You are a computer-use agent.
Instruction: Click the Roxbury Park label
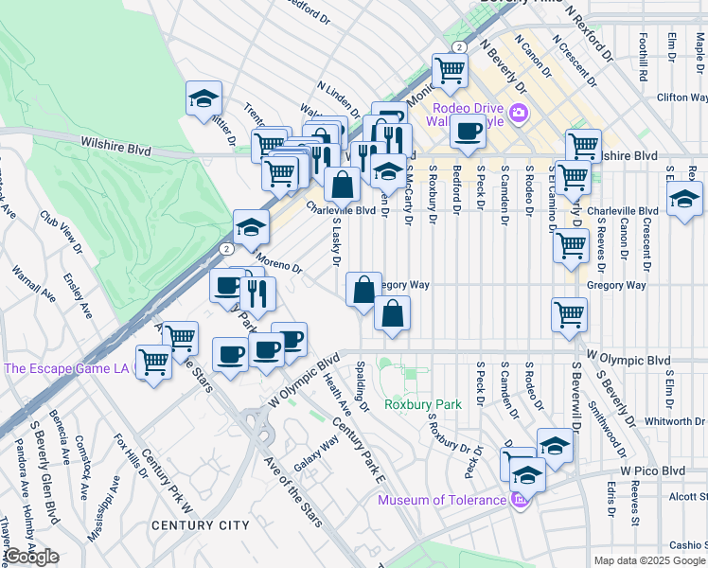[x=422, y=404]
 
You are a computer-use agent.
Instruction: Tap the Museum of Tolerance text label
[x=442, y=500]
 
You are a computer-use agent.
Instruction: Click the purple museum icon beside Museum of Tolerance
[x=518, y=500]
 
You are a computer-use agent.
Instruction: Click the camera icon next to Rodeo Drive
[x=518, y=115]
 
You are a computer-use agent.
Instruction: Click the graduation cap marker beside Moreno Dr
[x=251, y=228]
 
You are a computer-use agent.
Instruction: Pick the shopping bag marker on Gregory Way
[x=363, y=290]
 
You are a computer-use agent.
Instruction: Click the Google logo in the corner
[x=31, y=557]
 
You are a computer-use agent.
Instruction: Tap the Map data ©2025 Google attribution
[x=649, y=560]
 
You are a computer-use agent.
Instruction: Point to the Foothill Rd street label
[x=643, y=56]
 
